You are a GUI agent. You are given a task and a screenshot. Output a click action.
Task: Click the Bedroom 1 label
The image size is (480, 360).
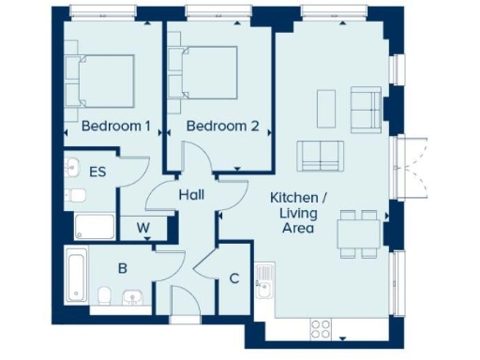pyautogui.click(x=115, y=126)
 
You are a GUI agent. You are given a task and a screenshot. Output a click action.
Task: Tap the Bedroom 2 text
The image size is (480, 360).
pyautogui.click(x=221, y=126)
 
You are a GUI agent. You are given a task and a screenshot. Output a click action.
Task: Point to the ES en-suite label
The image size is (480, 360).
pyautogui.click(x=97, y=172)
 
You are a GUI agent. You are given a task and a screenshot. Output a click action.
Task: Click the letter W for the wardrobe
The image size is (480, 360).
pyautogui.click(x=142, y=227)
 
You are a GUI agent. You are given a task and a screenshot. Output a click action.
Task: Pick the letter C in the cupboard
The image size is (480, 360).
pyautogui.click(x=234, y=277)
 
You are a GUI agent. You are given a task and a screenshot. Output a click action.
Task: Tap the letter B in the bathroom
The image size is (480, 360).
pyautogui.click(x=121, y=267)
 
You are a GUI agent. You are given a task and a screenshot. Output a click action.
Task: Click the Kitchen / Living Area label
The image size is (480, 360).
pyautogui.click(x=299, y=213)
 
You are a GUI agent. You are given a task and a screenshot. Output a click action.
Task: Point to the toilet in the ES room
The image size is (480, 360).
pyautogui.click(x=77, y=196)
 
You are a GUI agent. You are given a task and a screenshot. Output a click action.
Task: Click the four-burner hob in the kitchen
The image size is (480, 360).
pyautogui.click(x=321, y=329)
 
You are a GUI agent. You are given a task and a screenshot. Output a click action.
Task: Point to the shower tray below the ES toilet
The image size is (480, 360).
pyautogui.click(x=94, y=226)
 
